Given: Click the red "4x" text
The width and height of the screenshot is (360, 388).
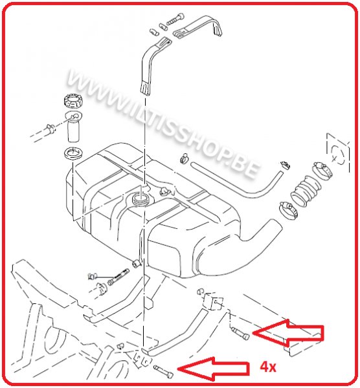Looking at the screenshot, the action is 268,367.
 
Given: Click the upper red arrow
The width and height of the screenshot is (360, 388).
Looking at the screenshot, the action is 288,333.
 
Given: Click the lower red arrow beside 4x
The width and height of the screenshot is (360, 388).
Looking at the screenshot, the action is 214,369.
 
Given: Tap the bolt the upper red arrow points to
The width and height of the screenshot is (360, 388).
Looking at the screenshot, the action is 240,333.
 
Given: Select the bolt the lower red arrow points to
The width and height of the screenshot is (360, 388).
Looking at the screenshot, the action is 163,371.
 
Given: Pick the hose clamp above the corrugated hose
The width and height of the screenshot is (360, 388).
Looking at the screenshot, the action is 322,169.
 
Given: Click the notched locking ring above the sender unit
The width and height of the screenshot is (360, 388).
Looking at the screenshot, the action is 73,101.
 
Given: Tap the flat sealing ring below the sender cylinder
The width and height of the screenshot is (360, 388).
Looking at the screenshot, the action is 73,154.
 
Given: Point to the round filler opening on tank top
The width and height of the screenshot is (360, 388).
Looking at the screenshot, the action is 141,199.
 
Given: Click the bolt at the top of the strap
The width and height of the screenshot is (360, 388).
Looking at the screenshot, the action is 175,19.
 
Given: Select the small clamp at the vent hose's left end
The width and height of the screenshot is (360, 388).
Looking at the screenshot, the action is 185,158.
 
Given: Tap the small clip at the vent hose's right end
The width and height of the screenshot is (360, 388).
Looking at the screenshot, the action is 286,165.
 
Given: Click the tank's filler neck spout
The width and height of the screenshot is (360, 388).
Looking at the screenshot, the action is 264,231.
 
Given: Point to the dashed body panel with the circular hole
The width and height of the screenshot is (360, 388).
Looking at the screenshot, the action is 338,153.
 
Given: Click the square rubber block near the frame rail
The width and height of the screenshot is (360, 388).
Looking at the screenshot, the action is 213,301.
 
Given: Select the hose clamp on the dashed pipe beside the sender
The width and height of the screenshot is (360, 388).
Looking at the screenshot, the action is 51,129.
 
